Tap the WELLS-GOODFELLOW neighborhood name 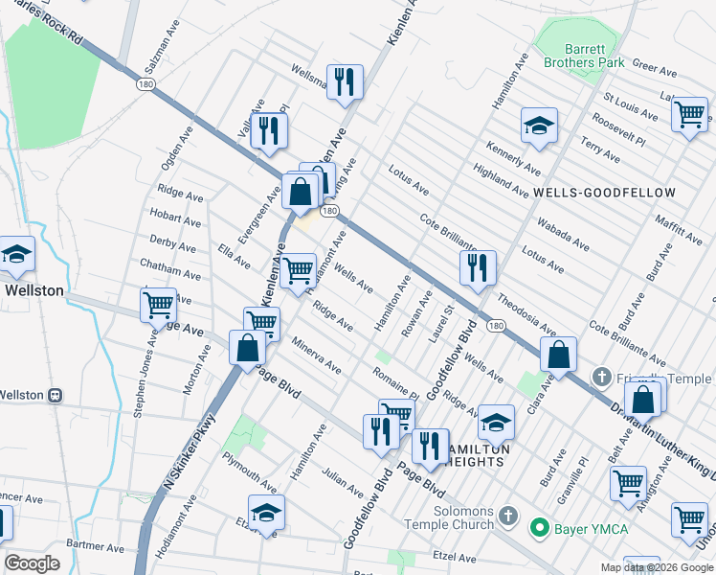(x=604, y=193)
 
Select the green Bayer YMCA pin (x=539, y=526)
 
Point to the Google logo (x=32, y=563)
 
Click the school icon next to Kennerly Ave (x=539, y=126)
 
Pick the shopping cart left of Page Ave (x=158, y=305)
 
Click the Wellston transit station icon (x=56, y=395)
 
